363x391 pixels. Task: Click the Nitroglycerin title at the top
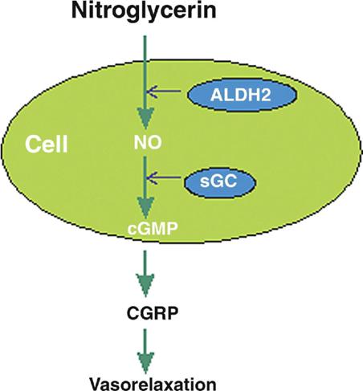pos(144,12)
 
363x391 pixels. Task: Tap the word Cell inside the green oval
pos(47,145)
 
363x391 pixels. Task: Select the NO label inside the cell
pos(148,143)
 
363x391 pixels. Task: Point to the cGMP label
pos(153,229)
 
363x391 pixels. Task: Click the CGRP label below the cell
pos(153,313)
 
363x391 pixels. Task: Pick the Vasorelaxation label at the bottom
pos(153,384)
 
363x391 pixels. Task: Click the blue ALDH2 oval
pos(242,95)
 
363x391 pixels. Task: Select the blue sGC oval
pos(220,182)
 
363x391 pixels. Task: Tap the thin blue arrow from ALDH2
pos(164,92)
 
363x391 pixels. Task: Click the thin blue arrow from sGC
pos(164,177)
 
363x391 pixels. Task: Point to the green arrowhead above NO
pos(145,118)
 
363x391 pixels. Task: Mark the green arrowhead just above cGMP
pos(145,206)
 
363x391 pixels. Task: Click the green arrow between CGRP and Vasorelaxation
pos(145,352)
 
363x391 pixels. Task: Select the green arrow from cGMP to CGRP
pos(145,274)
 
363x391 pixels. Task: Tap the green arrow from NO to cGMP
pos(145,187)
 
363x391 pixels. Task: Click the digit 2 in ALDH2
pos(265,95)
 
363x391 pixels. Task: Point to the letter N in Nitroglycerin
pos(79,11)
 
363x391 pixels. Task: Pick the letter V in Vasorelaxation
pos(96,384)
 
